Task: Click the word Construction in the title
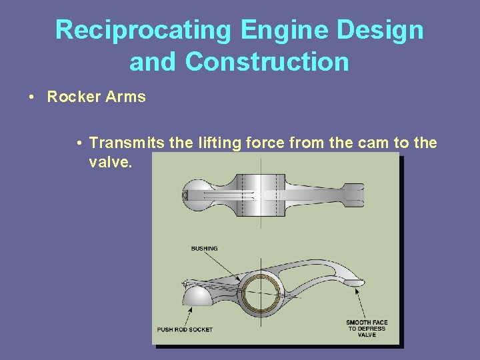(x=267, y=61)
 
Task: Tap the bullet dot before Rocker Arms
(x=32, y=97)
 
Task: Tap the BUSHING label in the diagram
(x=204, y=249)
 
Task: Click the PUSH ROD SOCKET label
(x=185, y=329)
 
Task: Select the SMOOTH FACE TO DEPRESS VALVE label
(x=366, y=328)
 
